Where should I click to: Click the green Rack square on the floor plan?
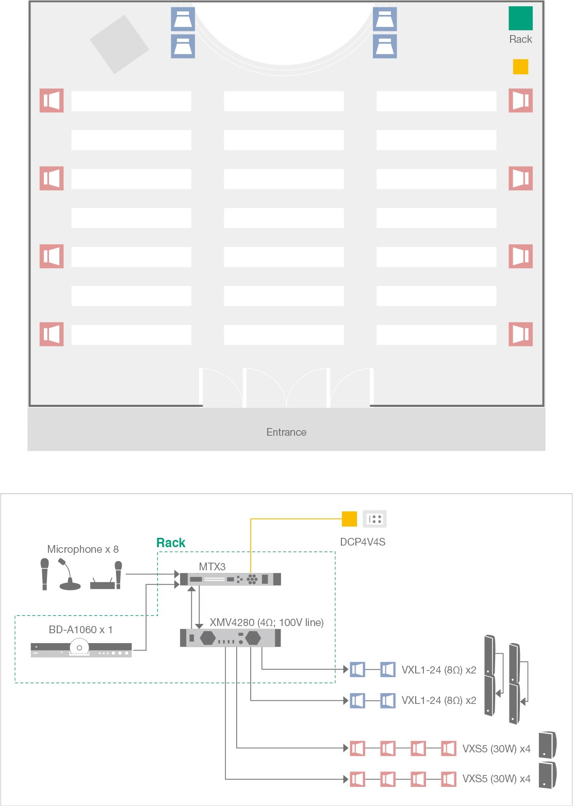pyautogui.click(x=520, y=18)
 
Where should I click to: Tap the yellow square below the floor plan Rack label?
pyautogui.click(x=520, y=67)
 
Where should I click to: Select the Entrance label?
pyautogui.click(x=287, y=432)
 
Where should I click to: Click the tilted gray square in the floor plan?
pyautogui.click(x=119, y=44)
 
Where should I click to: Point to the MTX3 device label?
pyautogui.click(x=212, y=567)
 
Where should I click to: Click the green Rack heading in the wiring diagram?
pyautogui.click(x=171, y=542)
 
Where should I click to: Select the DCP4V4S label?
pyautogui.click(x=363, y=542)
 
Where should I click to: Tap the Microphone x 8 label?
pyautogui.click(x=83, y=549)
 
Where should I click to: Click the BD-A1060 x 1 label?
pyautogui.click(x=80, y=630)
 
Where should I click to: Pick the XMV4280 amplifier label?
pyautogui.click(x=267, y=622)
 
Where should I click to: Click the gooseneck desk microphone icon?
pyautogui.click(x=70, y=574)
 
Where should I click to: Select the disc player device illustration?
pyautogui.click(x=81, y=648)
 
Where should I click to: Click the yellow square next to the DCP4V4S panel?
pyautogui.click(x=349, y=519)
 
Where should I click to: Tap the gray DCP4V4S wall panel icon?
pyautogui.click(x=374, y=519)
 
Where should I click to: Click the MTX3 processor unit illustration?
pyautogui.click(x=231, y=579)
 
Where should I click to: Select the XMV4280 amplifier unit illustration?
pyautogui.click(x=231, y=638)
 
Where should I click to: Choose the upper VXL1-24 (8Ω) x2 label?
pyautogui.click(x=439, y=670)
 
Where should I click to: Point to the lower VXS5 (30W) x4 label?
pyautogui.click(x=496, y=779)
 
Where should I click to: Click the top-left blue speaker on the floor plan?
pyautogui.click(x=183, y=19)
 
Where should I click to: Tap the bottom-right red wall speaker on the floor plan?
pyautogui.click(x=520, y=334)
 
